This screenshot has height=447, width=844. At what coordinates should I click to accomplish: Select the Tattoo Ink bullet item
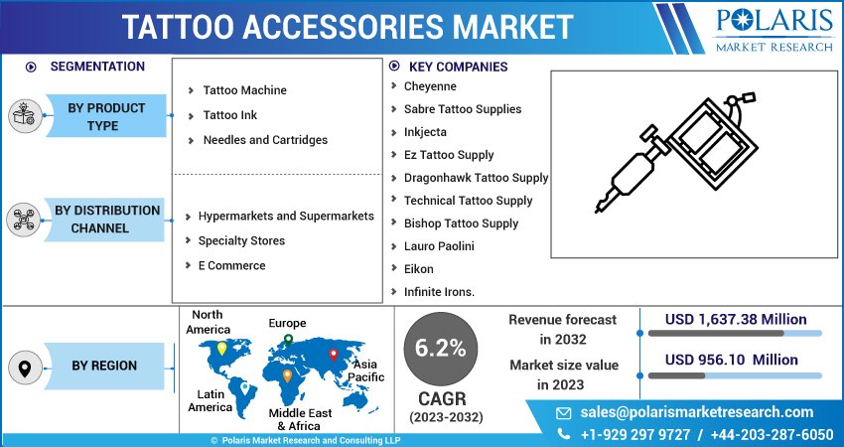coord(230,115)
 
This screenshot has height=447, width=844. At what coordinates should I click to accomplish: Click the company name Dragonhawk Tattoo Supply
coord(476,178)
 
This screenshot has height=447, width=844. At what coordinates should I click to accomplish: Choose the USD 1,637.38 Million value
coord(736,319)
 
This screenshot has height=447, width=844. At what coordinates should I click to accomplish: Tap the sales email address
coord(696,412)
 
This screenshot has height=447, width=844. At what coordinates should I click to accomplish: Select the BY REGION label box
coord(104,366)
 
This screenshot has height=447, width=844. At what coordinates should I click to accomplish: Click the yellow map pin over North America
coord(221,349)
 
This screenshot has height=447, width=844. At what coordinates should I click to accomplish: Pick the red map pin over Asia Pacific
coord(334,354)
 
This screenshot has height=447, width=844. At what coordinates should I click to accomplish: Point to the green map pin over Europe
coord(288,340)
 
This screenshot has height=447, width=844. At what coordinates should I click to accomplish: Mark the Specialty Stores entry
coord(241,240)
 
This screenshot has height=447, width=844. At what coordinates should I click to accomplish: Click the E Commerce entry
coord(231,265)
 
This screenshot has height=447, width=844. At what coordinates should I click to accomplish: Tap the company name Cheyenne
coord(430,86)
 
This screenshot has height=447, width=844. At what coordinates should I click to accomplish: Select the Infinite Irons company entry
coord(439,292)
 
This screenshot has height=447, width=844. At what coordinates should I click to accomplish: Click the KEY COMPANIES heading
coord(458,67)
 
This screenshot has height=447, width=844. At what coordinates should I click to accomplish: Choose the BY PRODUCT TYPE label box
coord(106,116)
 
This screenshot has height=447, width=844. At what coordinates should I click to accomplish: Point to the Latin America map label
coord(210,400)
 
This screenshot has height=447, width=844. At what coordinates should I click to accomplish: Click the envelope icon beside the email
coord(563,412)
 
